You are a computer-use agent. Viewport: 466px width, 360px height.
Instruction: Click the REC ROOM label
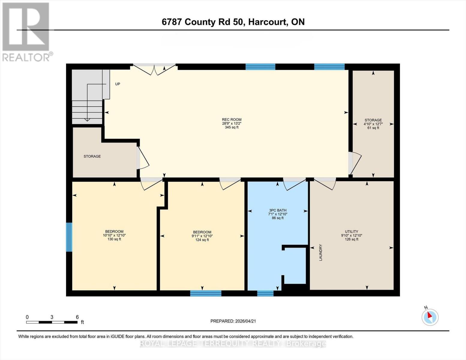(232, 119)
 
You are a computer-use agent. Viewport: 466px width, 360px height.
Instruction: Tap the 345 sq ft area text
(232, 127)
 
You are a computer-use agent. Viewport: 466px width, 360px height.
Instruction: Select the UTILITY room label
(351, 232)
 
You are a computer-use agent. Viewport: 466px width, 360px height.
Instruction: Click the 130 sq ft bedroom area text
(114, 239)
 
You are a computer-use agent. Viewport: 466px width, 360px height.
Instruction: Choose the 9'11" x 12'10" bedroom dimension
(202, 236)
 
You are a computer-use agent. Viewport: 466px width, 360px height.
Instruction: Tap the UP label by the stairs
(118, 84)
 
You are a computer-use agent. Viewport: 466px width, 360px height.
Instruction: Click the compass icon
(430, 317)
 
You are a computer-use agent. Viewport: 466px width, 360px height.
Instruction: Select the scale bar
(52, 322)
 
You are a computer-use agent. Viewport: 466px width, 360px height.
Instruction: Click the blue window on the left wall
(69, 237)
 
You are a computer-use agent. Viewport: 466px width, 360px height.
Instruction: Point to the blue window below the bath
(265, 293)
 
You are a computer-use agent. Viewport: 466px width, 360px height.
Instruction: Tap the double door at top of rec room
(154, 69)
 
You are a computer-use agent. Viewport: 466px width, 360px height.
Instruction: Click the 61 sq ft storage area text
(373, 128)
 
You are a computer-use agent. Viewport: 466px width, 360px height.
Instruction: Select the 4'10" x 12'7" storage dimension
(373, 124)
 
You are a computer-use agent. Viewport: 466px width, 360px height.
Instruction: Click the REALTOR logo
(26, 31)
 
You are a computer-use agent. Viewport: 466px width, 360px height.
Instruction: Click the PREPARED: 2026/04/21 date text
(233, 321)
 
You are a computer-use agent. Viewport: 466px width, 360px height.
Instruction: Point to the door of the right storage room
(355, 163)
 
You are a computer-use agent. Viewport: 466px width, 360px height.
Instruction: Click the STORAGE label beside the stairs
(92, 156)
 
